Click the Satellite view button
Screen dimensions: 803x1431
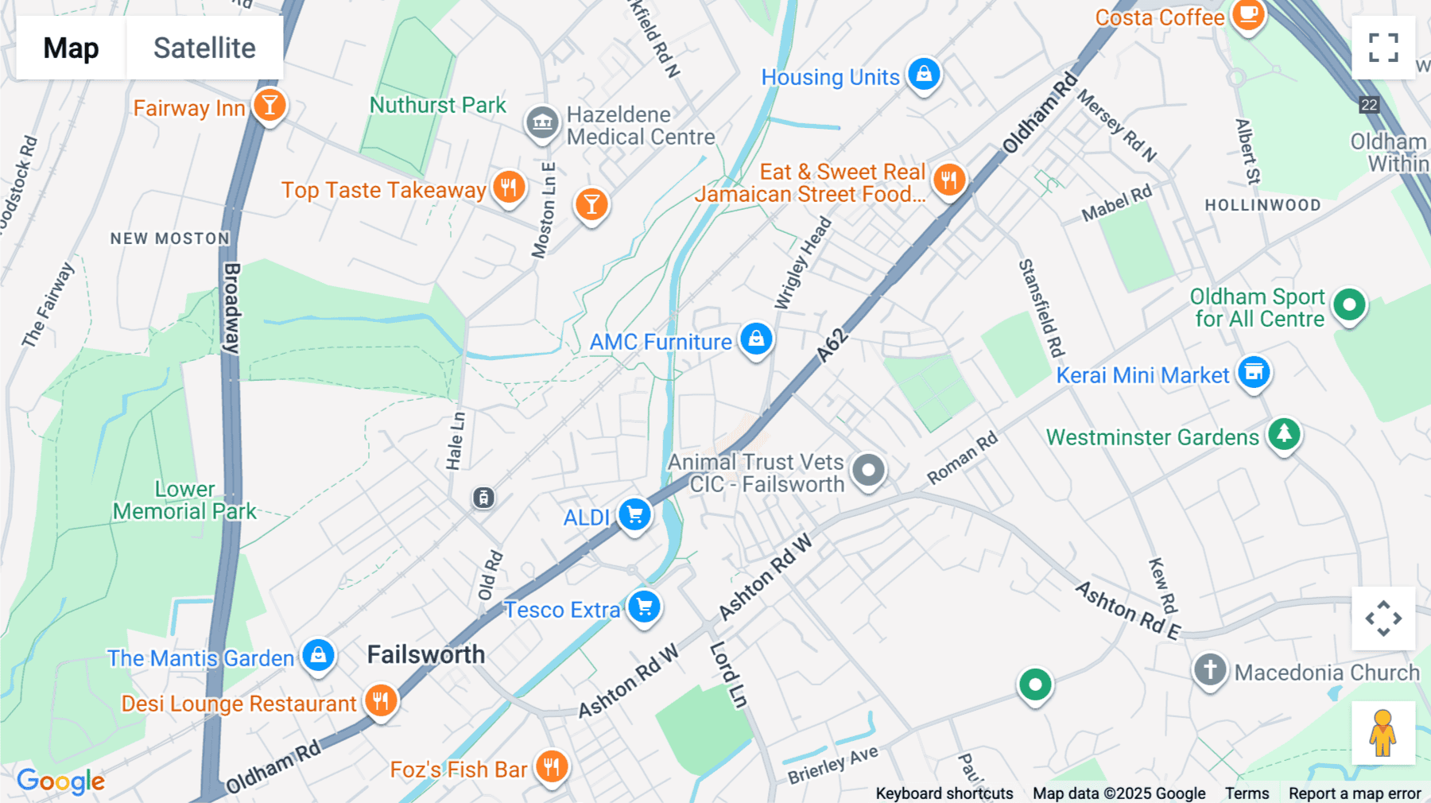click(204, 48)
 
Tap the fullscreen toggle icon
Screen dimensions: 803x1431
click(1383, 48)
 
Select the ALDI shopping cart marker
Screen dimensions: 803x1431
click(634, 514)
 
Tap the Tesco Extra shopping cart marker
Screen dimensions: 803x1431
click(644, 607)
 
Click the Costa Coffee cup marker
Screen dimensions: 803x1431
click(1248, 14)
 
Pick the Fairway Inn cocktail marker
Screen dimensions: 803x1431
click(270, 105)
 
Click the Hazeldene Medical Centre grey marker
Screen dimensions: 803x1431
click(542, 122)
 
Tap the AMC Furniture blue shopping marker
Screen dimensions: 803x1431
click(756, 339)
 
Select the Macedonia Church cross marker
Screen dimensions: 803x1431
click(1210, 669)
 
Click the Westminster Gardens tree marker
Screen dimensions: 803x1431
click(1284, 434)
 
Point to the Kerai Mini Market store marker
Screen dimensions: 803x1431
click(1254, 372)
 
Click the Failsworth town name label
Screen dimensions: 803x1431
click(426, 654)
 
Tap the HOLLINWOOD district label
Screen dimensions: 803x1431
click(1262, 205)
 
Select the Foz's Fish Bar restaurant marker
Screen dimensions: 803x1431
click(551, 766)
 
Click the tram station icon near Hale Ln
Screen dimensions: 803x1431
click(483, 498)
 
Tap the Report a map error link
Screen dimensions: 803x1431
click(1355, 793)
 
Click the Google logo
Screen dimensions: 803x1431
click(60, 782)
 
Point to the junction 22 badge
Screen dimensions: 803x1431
click(1368, 105)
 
